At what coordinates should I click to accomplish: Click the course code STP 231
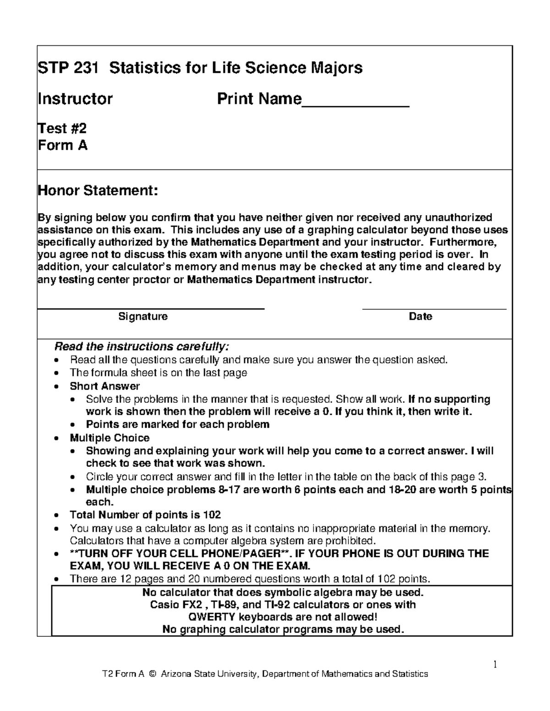[68, 68]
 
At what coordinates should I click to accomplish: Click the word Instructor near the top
[75, 98]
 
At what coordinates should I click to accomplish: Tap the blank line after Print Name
[355, 104]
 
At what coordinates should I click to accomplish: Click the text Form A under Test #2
[62, 146]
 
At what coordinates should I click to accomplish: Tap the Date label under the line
[420, 316]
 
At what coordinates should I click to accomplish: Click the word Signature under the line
[143, 316]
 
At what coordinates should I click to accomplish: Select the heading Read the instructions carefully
[141, 346]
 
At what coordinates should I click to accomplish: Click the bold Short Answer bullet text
[104, 386]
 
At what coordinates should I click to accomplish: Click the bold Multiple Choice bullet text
[110, 438]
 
